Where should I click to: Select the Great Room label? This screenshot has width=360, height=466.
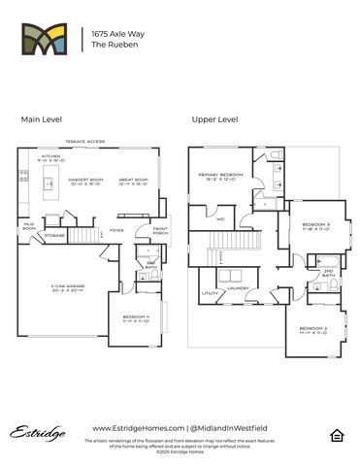(133, 182)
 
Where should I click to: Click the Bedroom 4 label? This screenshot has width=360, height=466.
(135, 318)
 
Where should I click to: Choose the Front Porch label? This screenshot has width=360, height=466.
(161, 231)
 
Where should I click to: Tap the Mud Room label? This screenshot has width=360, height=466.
(29, 227)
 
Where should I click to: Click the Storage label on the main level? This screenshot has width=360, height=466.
(55, 235)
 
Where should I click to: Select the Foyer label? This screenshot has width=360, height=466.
(115, 230)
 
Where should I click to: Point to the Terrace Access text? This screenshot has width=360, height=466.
(84, 142)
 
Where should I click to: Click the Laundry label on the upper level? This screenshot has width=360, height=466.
(239, 288)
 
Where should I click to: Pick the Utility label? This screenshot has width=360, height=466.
(210, 292)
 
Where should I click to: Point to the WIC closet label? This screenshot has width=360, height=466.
(221, 219)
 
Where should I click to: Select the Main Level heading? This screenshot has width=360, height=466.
(41, 119)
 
